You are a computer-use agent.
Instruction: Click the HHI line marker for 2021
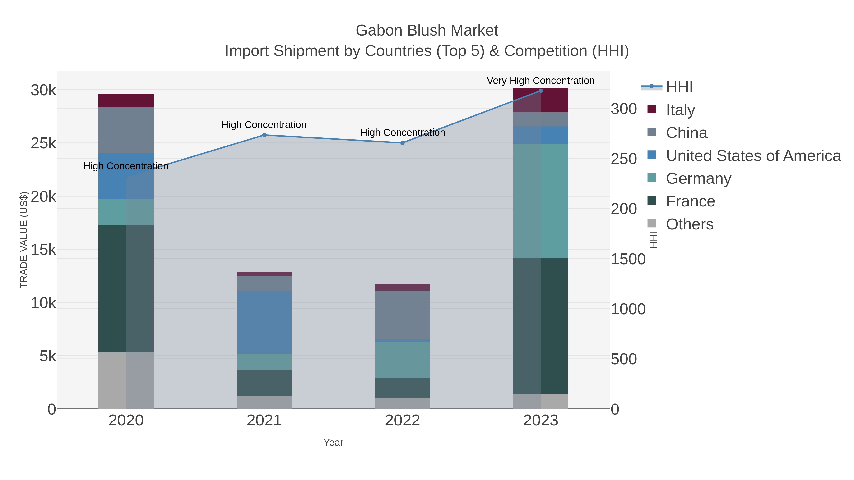coord(264,135)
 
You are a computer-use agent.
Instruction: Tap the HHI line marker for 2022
coord(403,143)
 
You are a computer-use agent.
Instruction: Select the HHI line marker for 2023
coord(541,91)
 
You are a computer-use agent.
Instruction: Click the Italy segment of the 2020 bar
coord(126,101)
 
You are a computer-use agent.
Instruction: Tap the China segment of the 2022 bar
coord(403,315)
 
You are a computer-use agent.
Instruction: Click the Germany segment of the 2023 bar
coord(541,201)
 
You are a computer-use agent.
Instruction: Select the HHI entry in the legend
coord(679,87)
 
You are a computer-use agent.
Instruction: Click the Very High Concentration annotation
coord(540,81)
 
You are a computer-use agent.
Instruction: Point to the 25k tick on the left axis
coord(43,143)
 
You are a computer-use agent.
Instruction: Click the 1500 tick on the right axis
coord(628,259)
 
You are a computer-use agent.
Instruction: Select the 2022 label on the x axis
coord(403,421)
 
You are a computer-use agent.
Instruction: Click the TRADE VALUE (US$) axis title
coord(24,240)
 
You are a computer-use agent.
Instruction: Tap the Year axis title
coord(333,443)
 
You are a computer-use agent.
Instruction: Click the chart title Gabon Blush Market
coord(427,31)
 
